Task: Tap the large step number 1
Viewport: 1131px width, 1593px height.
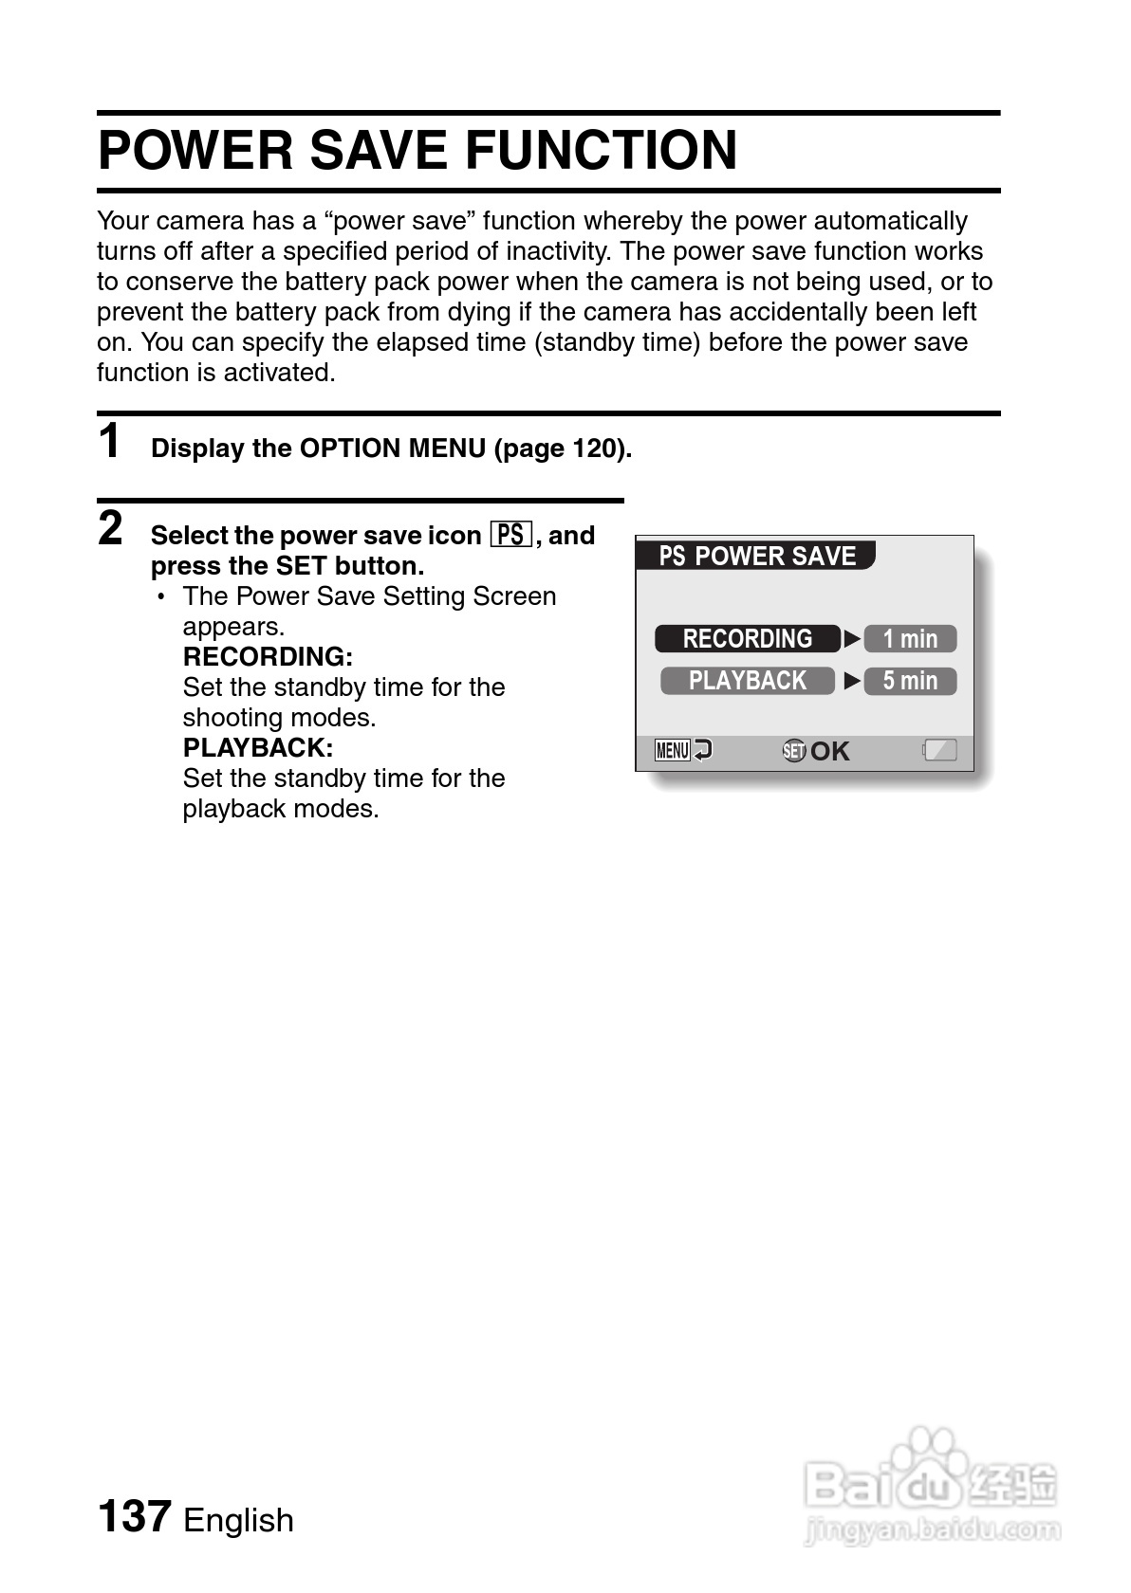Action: pyautogui.click(x=111, y=442)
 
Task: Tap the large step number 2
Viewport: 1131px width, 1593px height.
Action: pyautogui.click(x=111, y=529)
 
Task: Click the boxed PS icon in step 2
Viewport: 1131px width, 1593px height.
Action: pyautogui.click(x=511, y=535)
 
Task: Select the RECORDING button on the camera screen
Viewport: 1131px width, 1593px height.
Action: pyautogui.click(x=748, y=639)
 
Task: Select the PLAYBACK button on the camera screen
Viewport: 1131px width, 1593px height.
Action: pyautogui.click(x=748, y=681)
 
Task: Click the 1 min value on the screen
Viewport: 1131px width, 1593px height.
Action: pyautogui.click(x=910, y=639)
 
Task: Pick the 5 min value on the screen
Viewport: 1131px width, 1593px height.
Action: pyautogui.click(x=910, y=681)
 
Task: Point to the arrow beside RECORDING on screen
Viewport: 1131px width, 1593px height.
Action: pyautogui.click(x=852, y=639)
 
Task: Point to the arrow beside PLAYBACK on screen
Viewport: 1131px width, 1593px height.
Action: pyautogui.click(x=852, y=681)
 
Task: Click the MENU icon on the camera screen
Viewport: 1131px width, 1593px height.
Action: pyautogui.click(x=672, y=751)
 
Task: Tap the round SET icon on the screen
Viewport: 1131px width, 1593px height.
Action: pyautogui.click(x=794, y=751)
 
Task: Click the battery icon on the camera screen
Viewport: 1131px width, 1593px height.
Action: pyautogui.click(x=939, y=751)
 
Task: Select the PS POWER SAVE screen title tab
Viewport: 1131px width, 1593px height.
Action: pyautogui.click(x=756, y=556)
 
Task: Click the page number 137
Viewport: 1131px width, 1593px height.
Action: pyautogui.click(x=135, y=1516)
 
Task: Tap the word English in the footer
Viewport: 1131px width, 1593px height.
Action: pyautogui.click(x=238, y=1520)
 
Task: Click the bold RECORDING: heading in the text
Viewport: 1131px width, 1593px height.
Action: pyautogui.click(x=268, y=656)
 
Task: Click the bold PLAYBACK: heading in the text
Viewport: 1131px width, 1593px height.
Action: pyautogui.click(x=258, y=747)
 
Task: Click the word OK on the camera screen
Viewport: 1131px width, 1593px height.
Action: pyautogui.click(x=830, y=752)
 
